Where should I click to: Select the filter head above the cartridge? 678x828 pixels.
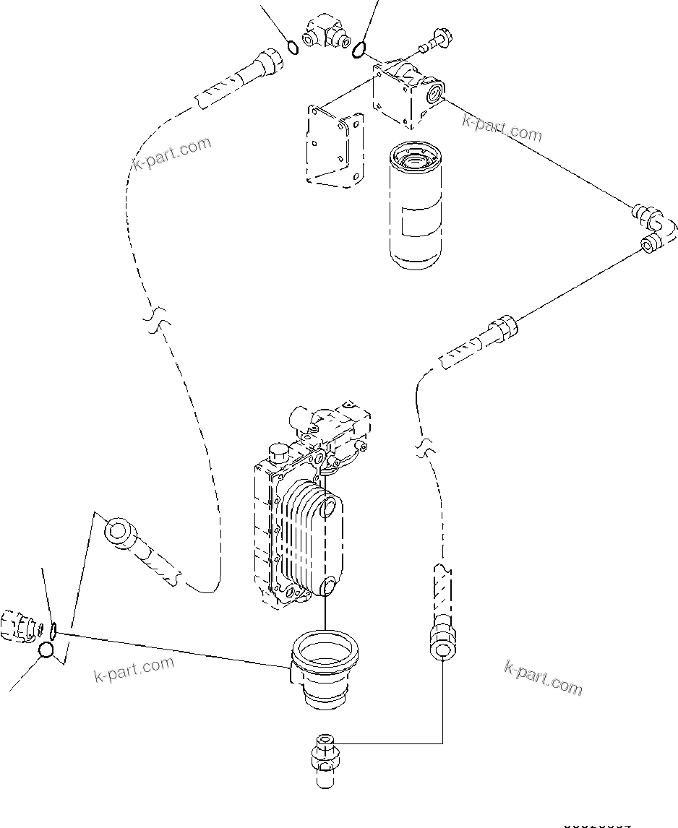tap(406, 94)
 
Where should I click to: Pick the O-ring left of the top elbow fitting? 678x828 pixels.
tap(292, 48)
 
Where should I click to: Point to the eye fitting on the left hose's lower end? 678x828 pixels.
tap(118, 532)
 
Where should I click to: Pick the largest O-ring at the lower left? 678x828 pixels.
tap(46, 650)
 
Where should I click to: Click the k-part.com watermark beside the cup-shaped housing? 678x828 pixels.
tap(134, 668)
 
